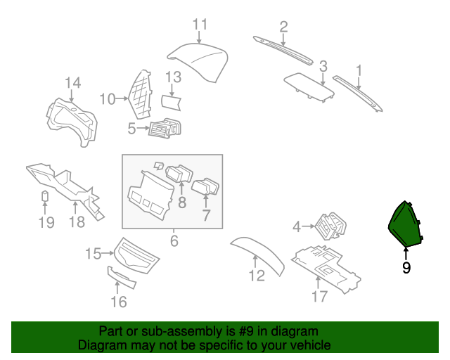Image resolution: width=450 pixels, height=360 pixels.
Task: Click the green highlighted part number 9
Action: point(405,224)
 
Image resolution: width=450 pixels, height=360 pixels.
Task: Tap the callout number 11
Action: point(200,25)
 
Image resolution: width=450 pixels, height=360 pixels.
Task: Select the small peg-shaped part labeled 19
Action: point(45,196)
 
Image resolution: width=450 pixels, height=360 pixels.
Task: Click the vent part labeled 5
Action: point(165,128)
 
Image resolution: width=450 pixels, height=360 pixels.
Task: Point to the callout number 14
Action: point(73,83)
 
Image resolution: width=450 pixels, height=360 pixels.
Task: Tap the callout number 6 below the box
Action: point(174,241)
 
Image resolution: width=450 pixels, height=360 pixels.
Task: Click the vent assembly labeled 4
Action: point(330,226)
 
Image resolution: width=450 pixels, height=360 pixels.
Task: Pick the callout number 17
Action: point(319,296)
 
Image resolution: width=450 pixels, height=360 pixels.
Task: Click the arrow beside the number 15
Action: point(108,253)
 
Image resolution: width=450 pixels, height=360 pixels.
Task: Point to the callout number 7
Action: point(206,215)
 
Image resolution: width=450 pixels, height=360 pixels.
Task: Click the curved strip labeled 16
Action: point(122,277)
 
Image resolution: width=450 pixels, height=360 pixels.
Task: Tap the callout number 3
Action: point(323,66)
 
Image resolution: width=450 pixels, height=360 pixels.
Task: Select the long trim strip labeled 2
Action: point(283,51)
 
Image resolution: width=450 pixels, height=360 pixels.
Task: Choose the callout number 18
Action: point(77,222)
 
